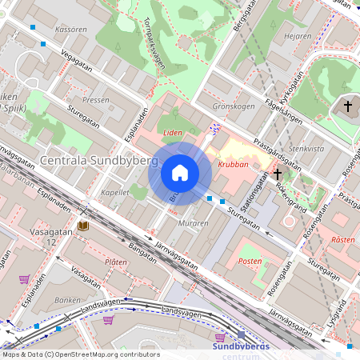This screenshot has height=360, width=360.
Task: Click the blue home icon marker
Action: (180, 172)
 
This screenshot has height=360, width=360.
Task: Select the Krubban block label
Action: (233, 165)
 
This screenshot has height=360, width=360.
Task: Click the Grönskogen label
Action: (233, 106)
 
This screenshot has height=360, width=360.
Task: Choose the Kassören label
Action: (70, 29)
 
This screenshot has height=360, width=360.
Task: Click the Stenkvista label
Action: (306, 149)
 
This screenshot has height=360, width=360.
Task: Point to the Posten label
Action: (251, 262)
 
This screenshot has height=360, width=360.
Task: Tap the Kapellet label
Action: (116, 193)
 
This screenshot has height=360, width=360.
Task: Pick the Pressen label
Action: (96, 101)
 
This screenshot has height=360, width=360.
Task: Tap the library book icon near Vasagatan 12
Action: (84, 226)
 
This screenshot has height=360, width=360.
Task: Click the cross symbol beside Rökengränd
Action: (277, 173)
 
